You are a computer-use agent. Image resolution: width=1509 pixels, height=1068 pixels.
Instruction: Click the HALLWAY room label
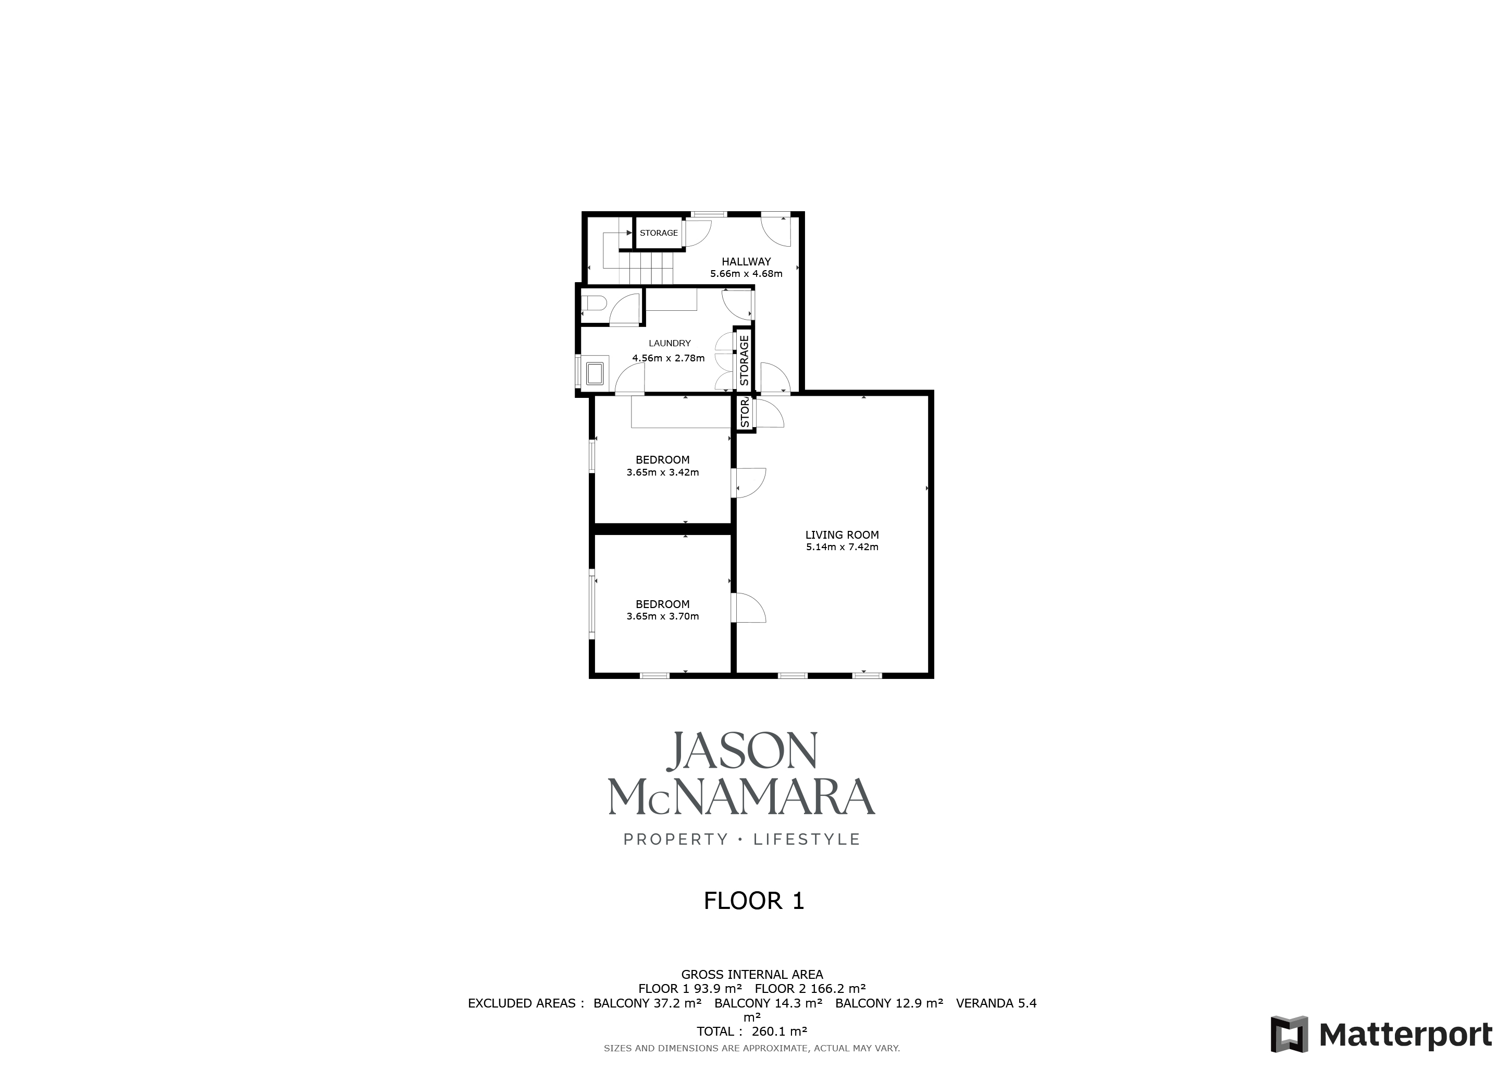[746, 262]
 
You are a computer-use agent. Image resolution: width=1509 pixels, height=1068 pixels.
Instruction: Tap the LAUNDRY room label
[670, 343]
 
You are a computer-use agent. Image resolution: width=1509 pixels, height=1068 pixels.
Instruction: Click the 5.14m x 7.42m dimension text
[842, 547]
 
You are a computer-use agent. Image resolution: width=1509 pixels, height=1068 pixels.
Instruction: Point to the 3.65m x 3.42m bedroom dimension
[662, 472]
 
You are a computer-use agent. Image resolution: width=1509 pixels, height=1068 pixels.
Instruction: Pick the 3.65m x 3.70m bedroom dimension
[662, 617]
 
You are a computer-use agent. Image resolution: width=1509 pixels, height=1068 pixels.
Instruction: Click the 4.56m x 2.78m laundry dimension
[669, 358]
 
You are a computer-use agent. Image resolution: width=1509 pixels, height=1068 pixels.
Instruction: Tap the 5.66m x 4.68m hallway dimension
[746, 274]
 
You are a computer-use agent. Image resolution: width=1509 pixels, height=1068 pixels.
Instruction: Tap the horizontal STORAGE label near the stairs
[659, 233]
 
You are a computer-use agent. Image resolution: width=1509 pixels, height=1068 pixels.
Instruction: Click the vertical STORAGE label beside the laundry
[744, 360]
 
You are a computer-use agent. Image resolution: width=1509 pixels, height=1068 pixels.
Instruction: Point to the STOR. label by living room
[745, 412]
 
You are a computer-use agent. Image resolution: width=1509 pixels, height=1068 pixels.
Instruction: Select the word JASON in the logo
[743, 750]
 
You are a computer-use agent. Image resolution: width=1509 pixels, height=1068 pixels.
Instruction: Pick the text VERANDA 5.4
[996, 1003]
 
